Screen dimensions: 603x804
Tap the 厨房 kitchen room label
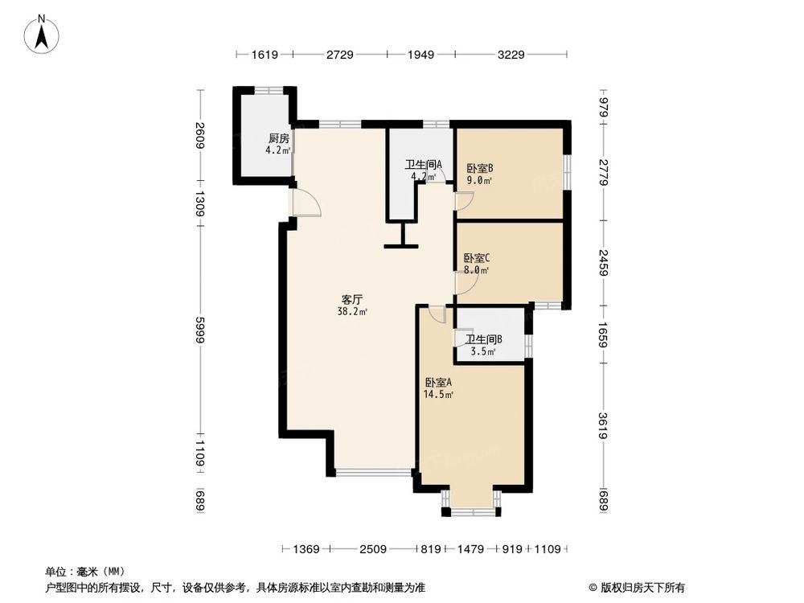[278, 137]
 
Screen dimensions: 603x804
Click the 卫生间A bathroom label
[423, 166]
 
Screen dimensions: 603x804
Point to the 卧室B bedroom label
[479, 169]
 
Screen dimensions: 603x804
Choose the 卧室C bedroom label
[477, 258]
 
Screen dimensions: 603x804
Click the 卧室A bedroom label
[438, 383]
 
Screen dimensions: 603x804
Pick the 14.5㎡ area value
[439, 395]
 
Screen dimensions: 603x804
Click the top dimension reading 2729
[340, 55]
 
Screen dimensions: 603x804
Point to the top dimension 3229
[511, 55]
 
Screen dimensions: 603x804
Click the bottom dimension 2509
[373, 550]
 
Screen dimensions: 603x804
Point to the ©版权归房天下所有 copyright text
[638, 587]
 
